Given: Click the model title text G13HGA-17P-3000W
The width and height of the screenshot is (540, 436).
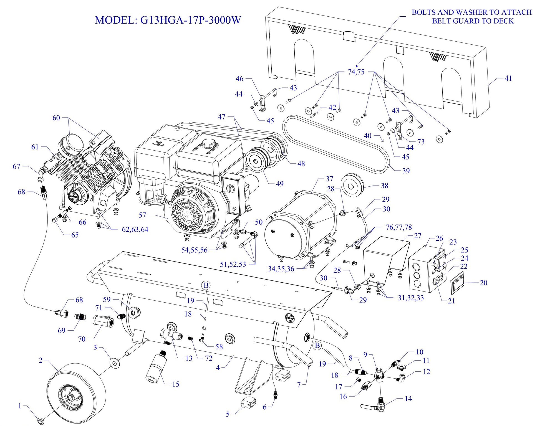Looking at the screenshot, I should (x=168, y=20).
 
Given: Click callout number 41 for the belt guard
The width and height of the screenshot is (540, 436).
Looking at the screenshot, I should (x=508, y=78).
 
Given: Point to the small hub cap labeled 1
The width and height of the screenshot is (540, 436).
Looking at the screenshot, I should (x=41, y=421).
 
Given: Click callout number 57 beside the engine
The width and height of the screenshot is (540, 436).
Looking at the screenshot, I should (x=142, y=215).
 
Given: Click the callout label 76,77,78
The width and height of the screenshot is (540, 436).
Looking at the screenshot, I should (x=399, y=227).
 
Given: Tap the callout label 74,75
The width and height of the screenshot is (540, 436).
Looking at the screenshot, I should (x=356, y=72).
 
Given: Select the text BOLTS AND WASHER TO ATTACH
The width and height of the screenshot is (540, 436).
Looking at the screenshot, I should (x=471, y=12).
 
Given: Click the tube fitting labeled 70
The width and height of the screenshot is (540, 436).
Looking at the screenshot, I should (x=103, y=323).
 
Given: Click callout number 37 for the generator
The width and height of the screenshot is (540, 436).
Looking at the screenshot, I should (x=329, y=179).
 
